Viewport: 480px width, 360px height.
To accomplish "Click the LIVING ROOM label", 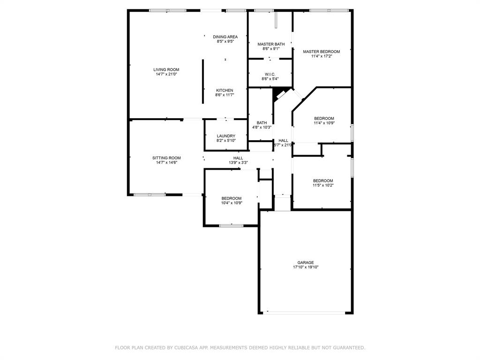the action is pos(166,69).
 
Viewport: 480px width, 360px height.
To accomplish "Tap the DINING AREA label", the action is pos(225,37).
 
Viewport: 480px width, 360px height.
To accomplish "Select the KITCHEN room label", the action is pos(225,90).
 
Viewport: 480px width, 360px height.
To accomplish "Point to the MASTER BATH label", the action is pos(271,44).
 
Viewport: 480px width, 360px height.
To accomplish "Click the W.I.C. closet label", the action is pos(270,75).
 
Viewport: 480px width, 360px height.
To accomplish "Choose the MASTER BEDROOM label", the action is pos(322,52).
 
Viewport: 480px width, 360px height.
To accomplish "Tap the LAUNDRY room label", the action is pos(226,136).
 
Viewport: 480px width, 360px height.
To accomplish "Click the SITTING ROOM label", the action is pos(166,158).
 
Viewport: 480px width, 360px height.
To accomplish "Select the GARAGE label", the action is pos(306,262).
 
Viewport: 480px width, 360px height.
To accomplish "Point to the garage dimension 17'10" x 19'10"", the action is pos(306,267).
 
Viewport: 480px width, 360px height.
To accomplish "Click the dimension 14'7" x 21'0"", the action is pos(166,74).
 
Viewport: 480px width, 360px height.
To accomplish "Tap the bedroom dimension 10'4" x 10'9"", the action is pos(232,202).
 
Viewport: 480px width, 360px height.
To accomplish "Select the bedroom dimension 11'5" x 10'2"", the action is pos(323,185).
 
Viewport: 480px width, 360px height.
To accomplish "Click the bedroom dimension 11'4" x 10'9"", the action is pos(324,123).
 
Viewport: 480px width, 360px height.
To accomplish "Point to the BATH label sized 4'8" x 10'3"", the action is pos(262,123).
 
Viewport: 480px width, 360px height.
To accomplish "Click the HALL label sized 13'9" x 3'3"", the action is pos(238,158).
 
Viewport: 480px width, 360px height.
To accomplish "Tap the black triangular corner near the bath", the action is pos(278,92).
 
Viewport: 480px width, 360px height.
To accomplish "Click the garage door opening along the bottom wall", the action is pos(304,313).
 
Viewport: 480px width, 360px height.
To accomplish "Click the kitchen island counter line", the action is pos(202,82).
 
